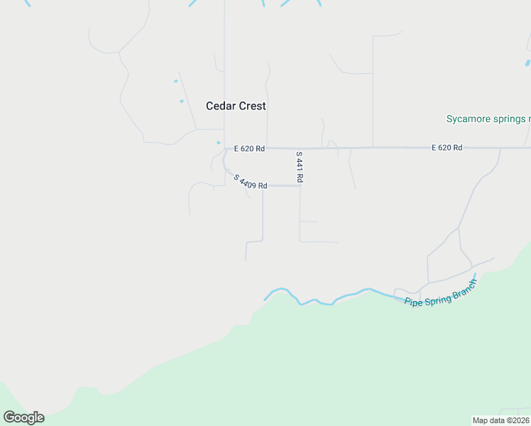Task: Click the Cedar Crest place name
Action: click(x=236, y=106)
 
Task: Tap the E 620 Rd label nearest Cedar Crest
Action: click(x=249, y=148)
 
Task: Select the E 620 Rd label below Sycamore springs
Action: click(x=447, y=148)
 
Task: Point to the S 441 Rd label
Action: click(x=300, y=168)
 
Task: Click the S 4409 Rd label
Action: click(x=250, y=181)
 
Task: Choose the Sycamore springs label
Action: click(x=488, y=119)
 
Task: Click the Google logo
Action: click(x=23, y=417)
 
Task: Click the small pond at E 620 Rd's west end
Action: click(x=219, y=142)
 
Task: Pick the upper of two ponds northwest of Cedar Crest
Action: click(x=175, y=81)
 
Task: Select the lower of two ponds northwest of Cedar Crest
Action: click(x=182, y=101)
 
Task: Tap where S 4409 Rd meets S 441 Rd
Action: click(x=300, y=186)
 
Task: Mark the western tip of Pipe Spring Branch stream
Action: click(x=265, y=299)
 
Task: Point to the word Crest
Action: click(x=252, y=106)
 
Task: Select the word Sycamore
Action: click(x=468, y=119)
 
